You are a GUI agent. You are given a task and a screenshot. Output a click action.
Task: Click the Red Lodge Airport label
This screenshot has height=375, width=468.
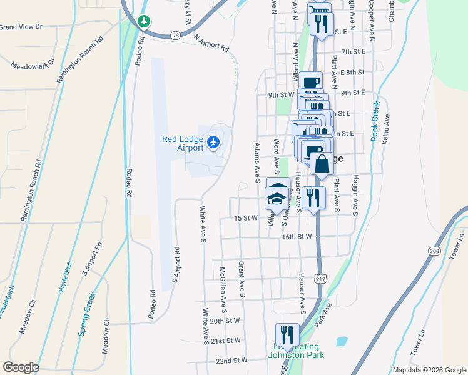(183, 143)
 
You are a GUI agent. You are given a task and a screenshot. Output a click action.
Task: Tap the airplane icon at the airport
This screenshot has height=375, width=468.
(213, 143)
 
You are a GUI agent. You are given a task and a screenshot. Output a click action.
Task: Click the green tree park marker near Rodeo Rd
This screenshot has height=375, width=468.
(144, 22)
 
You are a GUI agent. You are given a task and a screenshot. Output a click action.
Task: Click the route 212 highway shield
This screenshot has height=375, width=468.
(321, 277)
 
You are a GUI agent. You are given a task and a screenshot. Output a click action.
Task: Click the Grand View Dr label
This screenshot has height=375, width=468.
(21, 27)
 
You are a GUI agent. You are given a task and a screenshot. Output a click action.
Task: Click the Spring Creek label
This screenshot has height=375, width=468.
(87, 315)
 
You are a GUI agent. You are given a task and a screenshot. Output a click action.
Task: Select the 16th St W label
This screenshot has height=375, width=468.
(297, 237)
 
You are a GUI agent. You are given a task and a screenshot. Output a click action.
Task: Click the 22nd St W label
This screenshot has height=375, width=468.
(232, 360)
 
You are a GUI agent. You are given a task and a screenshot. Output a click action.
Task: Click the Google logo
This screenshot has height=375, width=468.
(21, 367)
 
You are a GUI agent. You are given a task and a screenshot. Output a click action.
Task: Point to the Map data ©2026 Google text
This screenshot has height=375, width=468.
(429, 370)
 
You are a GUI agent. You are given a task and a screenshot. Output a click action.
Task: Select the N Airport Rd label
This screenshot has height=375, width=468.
(211, 44)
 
